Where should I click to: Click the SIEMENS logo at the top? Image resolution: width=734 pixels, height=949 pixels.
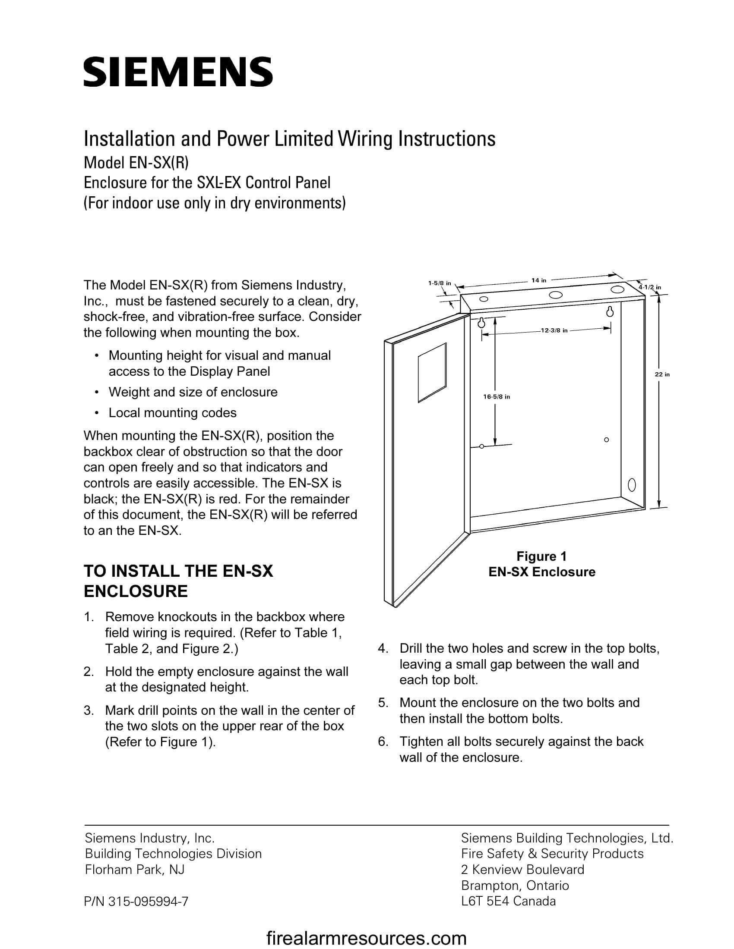[x=178, y=71]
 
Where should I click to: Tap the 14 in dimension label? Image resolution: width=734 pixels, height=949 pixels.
[x=538, y=280]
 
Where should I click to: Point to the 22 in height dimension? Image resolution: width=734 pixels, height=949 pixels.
[x=662, y=374]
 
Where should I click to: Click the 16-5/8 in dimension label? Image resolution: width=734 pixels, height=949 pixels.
[x=497, y=397]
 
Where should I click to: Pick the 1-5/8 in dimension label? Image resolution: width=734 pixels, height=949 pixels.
[x=439, y=283]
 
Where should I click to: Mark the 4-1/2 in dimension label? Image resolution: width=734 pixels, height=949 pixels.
[x=650, y=287]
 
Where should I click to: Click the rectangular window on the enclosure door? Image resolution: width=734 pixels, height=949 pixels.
[x=432, y=373]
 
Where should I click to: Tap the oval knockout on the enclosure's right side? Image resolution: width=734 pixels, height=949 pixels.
[x=632, y=484]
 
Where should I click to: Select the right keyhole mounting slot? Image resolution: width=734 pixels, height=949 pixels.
[x=610, y=311]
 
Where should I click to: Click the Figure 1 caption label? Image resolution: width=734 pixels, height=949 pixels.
[x=541, y=556]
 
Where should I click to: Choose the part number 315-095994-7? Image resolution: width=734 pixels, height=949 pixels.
[x=136, y=902]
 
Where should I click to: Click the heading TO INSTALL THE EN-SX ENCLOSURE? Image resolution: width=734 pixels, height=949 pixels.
[x=178, y=581]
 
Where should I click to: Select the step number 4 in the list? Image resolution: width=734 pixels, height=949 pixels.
[x=382, y=648]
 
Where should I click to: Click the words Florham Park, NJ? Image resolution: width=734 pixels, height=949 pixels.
[x=134, y=869]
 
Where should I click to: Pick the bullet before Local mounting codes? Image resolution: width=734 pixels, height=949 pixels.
[x=96, y=413]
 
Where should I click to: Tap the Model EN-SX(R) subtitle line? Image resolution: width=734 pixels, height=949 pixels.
[x=136, y=163]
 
